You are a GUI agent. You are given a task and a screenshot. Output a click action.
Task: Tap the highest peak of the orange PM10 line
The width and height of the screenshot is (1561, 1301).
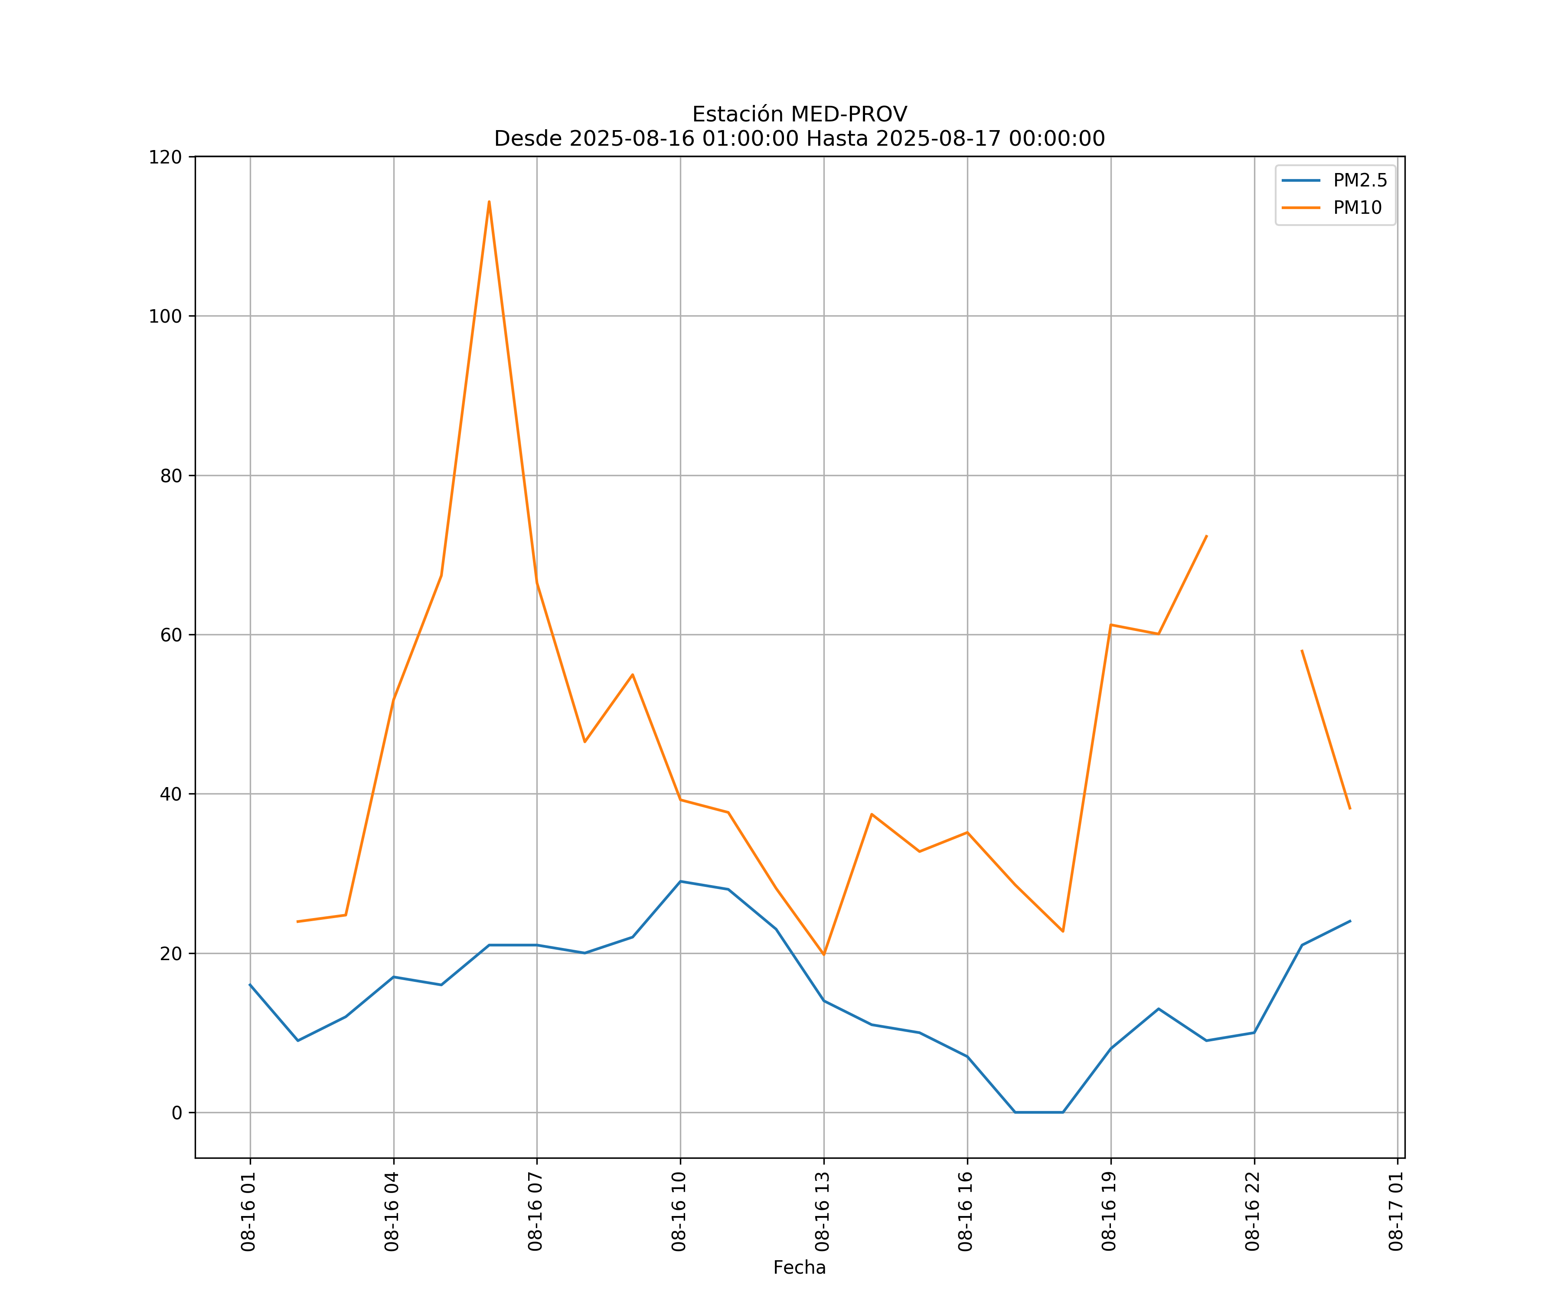(489, 202)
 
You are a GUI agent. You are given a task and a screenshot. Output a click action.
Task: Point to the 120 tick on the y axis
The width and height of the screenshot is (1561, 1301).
(165, 157)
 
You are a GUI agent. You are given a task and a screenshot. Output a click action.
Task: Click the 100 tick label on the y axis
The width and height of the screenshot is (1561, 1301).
(165, 316)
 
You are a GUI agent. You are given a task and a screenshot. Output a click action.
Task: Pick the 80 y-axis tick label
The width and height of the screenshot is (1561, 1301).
(171, 476)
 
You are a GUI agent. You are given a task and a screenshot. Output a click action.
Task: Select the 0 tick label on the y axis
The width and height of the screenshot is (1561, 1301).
(177, 1113)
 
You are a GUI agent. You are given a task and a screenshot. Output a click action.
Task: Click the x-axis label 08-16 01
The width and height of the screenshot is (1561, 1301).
(248, 1212)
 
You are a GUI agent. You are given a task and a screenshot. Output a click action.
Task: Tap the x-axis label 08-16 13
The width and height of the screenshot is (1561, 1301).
(822, 1212)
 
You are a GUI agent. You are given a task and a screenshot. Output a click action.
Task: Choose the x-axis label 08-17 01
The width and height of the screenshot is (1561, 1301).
(1396, 1212)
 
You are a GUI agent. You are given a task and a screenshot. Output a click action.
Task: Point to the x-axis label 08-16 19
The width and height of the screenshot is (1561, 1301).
(1109, 1212)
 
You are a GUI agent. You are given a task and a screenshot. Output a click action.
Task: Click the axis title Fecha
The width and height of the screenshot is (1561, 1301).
(799, 1268)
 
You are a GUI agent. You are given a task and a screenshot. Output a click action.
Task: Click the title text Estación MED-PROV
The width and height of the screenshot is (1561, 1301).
(799, 114)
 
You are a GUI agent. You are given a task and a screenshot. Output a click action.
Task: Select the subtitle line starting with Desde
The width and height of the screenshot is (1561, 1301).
(799, 138)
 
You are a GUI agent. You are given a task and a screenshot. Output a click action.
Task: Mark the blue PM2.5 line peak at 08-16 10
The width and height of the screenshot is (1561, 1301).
(680, 882)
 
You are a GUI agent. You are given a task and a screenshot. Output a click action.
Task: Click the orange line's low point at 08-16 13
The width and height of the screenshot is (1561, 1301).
(823, 955)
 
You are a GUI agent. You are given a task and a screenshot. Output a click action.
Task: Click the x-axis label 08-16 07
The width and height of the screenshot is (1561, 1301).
(535, 1212)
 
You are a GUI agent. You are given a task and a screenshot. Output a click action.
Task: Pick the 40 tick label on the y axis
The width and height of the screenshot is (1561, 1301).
(171, 794)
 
